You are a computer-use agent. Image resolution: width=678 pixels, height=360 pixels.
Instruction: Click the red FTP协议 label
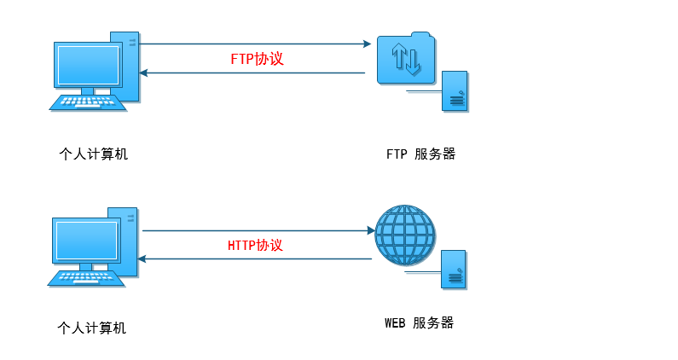point(257,60)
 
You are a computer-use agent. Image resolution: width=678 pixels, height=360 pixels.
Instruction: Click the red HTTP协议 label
point(255,245)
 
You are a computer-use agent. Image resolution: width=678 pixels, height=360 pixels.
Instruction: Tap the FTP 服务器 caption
point(420,154)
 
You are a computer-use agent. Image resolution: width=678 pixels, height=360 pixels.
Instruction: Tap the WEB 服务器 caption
point(419,323)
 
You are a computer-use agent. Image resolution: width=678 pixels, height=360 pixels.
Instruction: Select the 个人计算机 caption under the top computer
point(94,154)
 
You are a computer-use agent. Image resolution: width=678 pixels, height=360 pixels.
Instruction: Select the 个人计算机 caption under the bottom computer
point(91,328)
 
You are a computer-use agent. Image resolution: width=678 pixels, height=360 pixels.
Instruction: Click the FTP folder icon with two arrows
point(404,59)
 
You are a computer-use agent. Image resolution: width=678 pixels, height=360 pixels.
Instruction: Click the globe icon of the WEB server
point(405,235)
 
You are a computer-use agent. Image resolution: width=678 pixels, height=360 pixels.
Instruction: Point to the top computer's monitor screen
point(88,65)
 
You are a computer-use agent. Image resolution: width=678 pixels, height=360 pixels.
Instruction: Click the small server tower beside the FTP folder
point(455,92)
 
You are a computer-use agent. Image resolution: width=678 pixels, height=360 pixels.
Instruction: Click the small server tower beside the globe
point(453,270)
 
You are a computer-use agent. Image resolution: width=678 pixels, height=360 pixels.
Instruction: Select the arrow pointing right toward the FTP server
point(256,44)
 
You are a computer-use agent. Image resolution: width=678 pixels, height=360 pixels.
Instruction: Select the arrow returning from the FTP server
point(256,73)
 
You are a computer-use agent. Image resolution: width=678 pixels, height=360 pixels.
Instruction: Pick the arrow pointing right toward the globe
point(256,230)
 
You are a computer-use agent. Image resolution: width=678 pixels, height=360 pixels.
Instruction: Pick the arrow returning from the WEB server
point(256,258)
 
